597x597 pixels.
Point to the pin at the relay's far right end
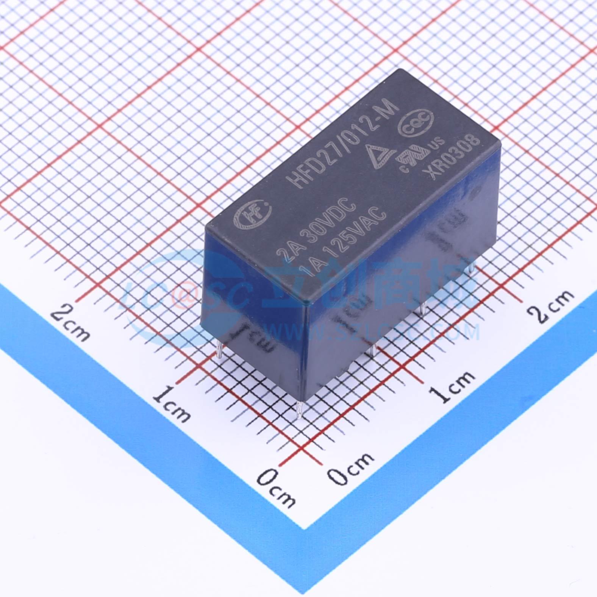[471, 268]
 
